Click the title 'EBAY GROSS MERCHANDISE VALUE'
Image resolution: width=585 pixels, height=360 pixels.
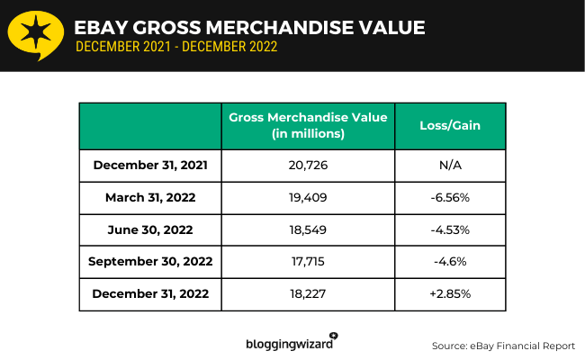click(249, 27)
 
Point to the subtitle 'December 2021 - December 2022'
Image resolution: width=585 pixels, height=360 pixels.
click(176, 47)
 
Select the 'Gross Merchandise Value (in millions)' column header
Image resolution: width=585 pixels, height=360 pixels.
click(308, 126)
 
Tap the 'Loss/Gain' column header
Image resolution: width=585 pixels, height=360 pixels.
click(450, 126)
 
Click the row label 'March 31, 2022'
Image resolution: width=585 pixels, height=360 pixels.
click(150, 196)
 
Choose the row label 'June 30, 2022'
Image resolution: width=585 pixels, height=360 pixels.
click(150, 229)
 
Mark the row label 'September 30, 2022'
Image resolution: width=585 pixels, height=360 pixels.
click(150, 261)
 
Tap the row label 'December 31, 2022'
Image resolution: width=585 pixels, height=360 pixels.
click(150, 293)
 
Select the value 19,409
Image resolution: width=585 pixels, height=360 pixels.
click(308, 196)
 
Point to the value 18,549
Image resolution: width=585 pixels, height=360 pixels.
click(308, 229)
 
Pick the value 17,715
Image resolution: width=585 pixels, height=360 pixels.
click(308, 261)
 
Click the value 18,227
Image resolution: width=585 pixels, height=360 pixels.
click(308, 293)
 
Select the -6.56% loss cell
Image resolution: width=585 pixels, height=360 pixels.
click(450, 196)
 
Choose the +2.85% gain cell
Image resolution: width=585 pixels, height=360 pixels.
click(450, 293)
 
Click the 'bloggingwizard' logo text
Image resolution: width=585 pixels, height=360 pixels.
click(290, 344)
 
